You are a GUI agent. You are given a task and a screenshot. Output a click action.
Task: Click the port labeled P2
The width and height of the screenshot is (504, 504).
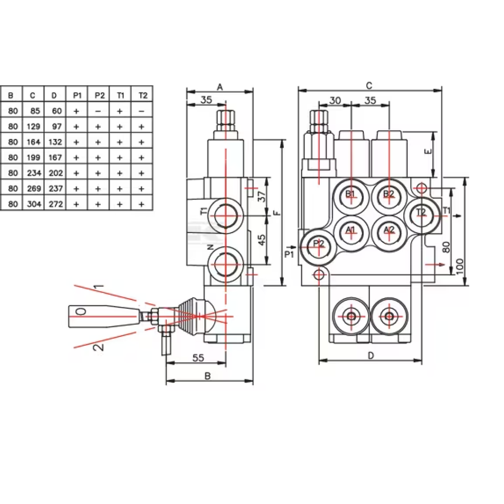(x=319, y=244)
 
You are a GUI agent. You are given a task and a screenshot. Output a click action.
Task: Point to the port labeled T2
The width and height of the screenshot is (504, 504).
(x=421, y=213)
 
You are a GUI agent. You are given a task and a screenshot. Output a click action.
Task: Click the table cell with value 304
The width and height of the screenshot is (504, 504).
(x=33, y=204)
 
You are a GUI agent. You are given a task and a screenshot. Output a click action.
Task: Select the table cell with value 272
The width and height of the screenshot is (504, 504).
(x=55, y=204)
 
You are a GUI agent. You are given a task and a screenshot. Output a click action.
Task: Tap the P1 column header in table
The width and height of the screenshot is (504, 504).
(x=77, y=95)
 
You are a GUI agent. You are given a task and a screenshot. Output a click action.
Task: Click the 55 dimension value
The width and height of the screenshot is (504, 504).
(x=198, y=358)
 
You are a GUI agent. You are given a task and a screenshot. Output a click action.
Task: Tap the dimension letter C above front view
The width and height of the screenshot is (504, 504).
(x=369, y=86)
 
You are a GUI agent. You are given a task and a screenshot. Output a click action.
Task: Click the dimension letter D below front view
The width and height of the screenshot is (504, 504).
(x=370, y=356)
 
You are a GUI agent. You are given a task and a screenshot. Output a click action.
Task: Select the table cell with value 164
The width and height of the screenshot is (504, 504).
(x=33, y=142)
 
